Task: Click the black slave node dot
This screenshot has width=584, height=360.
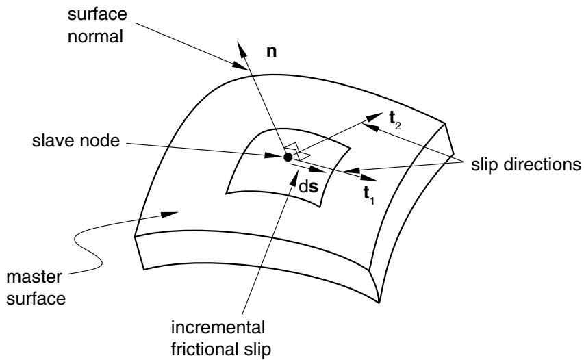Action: (x=288, y=157)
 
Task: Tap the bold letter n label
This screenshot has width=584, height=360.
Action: (x=272, y=52)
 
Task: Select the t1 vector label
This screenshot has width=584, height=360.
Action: (x=369, y=195)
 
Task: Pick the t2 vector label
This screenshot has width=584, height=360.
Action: (x=395, y=120)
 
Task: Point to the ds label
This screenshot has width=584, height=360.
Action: (x=309, y=187)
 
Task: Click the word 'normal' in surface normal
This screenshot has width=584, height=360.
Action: (x=95, y=36)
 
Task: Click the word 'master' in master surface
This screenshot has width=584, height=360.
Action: (x=34, y=277)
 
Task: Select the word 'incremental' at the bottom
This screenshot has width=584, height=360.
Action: (x=218, y=328)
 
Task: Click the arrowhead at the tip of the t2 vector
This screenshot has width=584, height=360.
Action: (x=374, y=116)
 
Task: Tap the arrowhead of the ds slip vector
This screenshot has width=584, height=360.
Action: (x=318, y=170)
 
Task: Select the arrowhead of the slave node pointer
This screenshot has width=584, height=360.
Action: (x=274, y=155)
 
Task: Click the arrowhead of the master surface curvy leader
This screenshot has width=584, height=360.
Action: (x=170, y=215)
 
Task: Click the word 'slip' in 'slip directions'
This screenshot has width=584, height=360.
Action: (x=485, y=164)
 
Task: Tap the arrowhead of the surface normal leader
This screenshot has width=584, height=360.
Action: (x=240, y=66)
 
